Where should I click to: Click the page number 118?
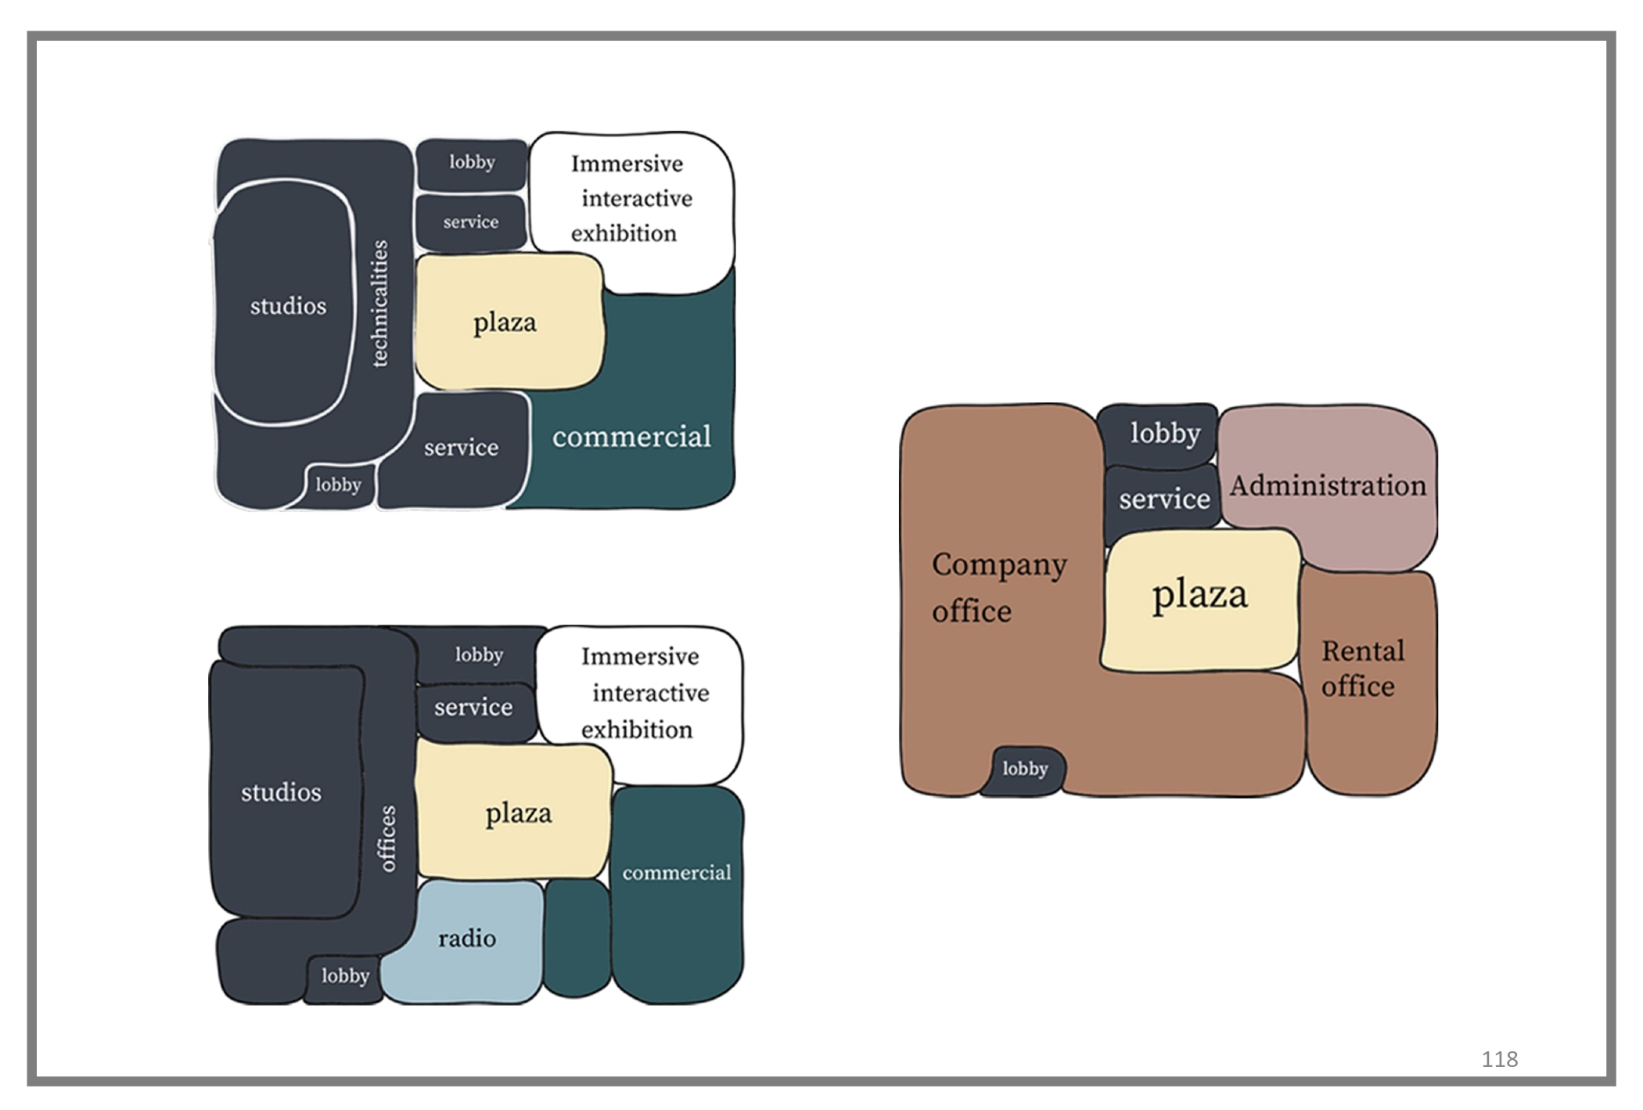tap(1499, 1059)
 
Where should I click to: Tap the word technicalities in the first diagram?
tap(379, 303)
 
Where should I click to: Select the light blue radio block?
tap(466, 939)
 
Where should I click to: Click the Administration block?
tap(1328, 486)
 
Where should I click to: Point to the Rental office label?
tap(1362, 669)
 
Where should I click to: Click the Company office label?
tap(998, 587)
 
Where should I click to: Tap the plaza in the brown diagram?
tap(1199, 595)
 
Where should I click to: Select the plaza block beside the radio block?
tap(517, 813)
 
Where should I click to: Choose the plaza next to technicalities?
tap(505, 323)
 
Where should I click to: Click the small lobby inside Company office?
tap(1024, 769)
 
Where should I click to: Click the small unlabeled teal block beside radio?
tap(577, 938)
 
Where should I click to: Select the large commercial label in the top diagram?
tap(631, 437)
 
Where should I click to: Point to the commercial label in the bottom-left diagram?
tap(677, 873)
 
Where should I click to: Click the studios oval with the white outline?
tap(287, 305)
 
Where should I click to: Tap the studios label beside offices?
tap(281, 793)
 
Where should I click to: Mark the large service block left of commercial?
tap(461, 448)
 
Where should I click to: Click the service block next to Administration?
tap(1163, 499)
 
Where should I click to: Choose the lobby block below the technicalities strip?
tap(338, 485)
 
